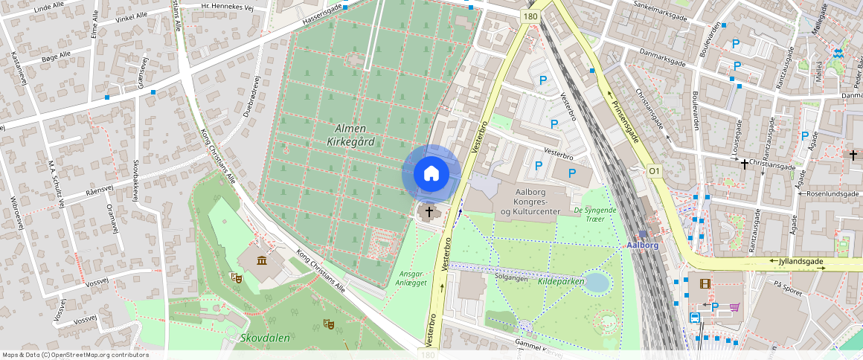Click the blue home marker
pos(431,174)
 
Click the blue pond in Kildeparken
pos(597,283)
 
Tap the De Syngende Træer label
pos(595,214)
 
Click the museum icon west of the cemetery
pos(262,260)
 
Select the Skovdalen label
pos(265,337)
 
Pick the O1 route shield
pos(655,171)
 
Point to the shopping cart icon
pos(735,306)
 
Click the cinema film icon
pos(705,283)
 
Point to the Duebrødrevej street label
pos(251,97)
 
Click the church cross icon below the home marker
pos(429,213)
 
